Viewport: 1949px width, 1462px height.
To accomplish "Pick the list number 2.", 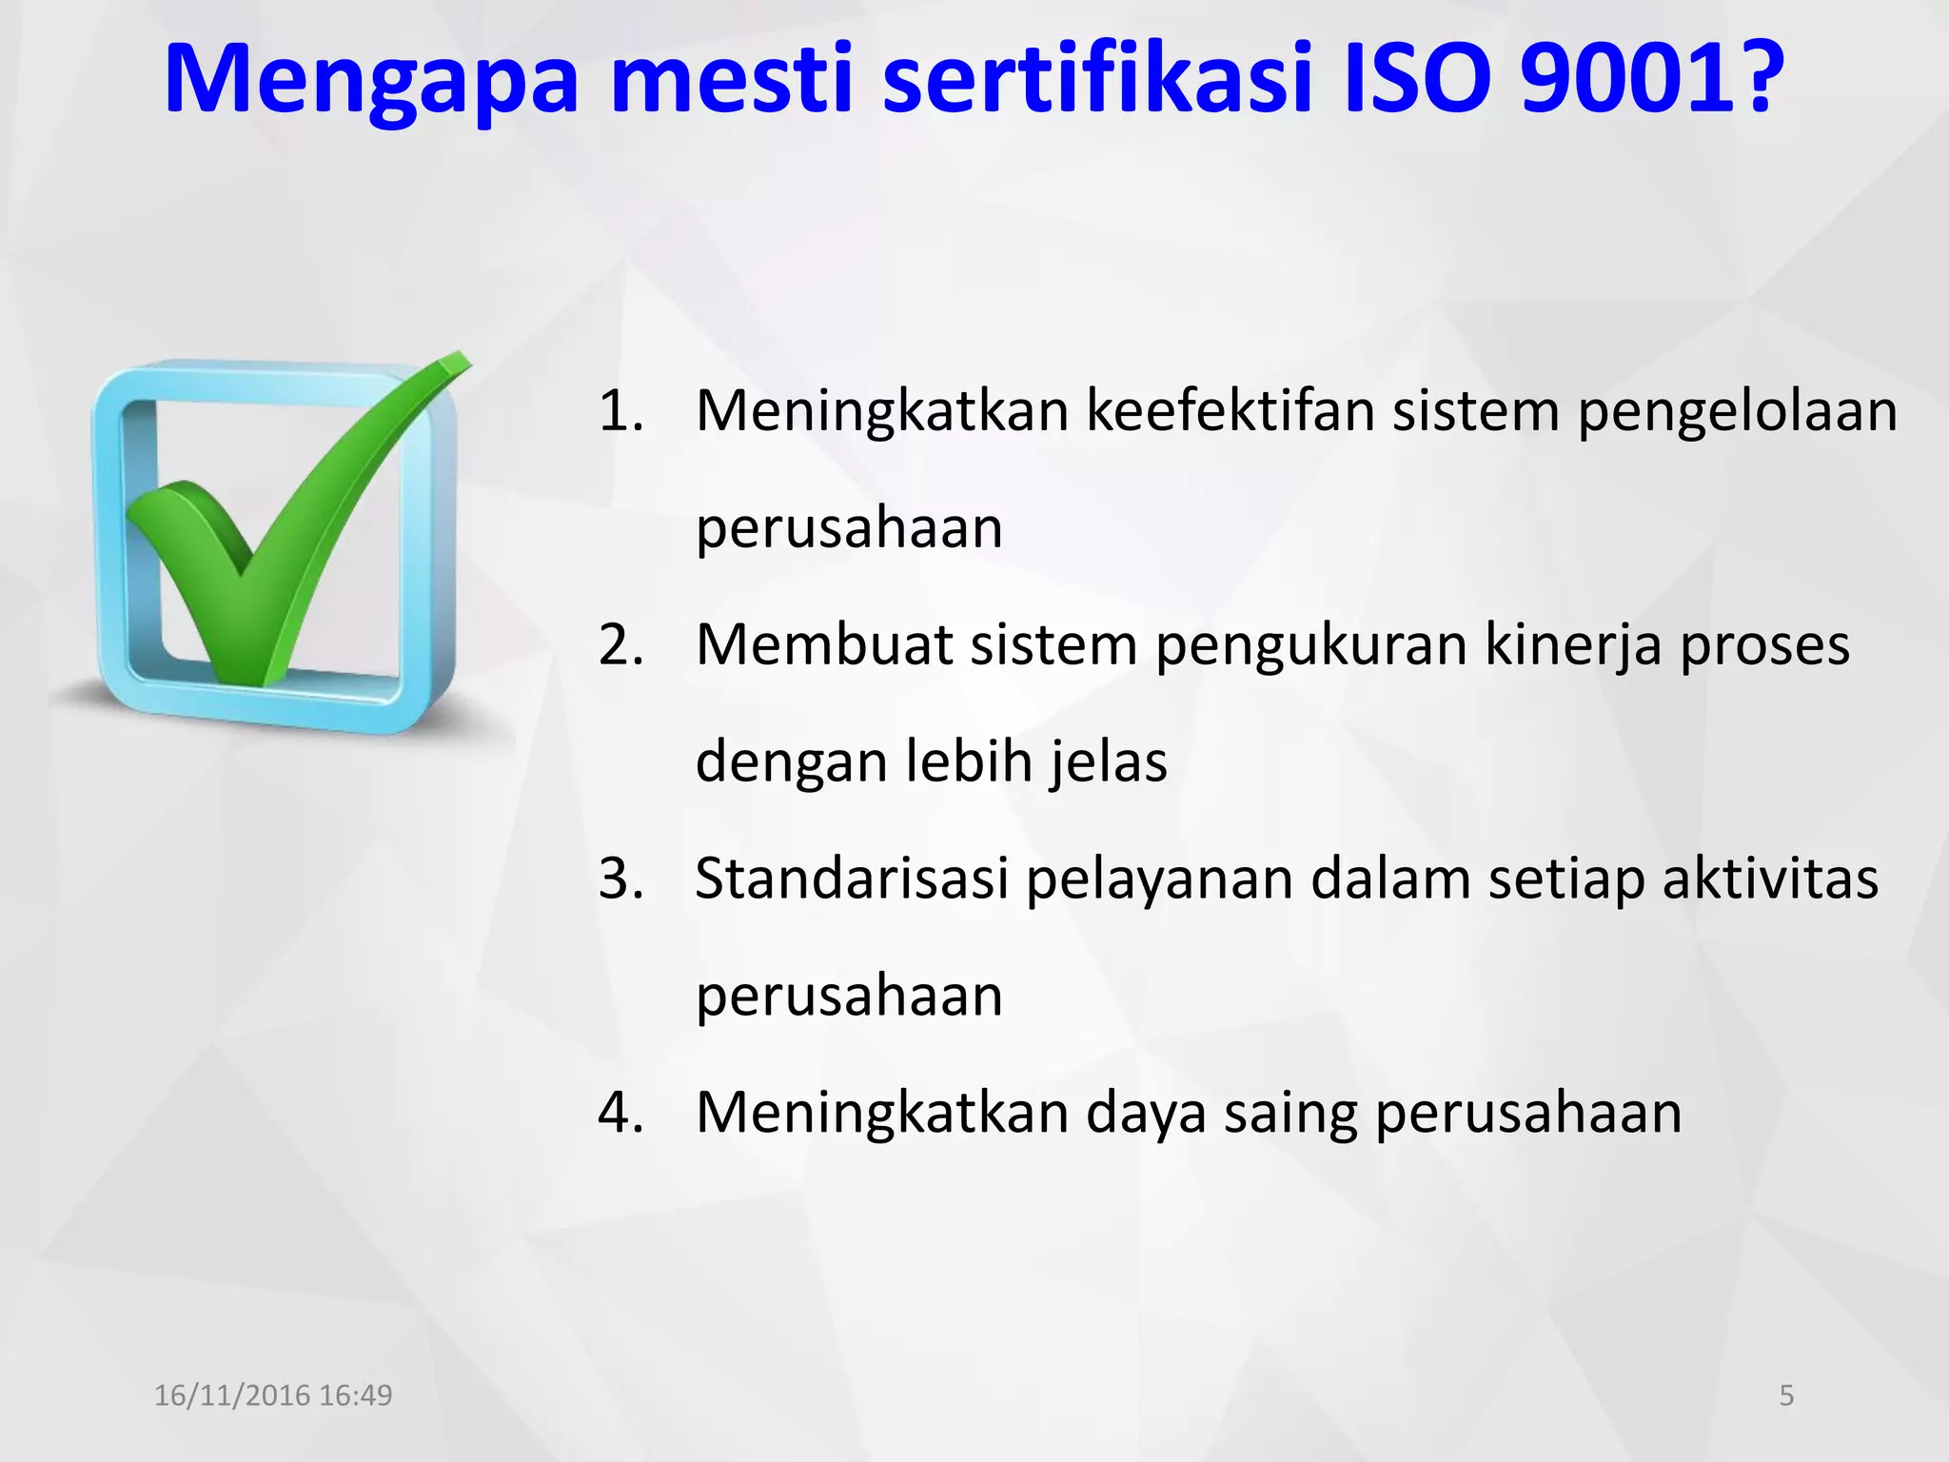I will [620, 645].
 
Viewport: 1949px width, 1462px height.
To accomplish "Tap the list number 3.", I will [620, 879].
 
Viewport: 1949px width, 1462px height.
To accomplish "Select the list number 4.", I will [620, 1112].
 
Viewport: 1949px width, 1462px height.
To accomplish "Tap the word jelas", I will [1109, 762].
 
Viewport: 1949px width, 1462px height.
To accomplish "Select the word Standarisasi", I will [852, 879].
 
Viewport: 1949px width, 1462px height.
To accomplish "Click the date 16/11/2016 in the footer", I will [232, 1395].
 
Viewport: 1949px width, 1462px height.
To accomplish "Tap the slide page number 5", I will [1786, 1395].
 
